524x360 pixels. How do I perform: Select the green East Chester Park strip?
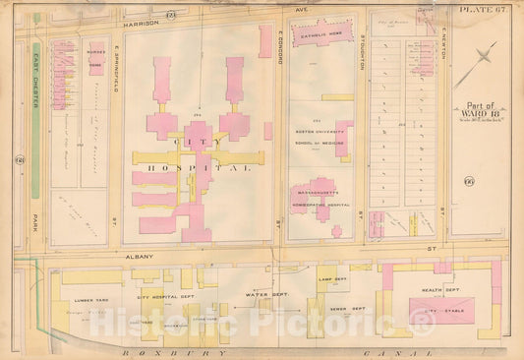tap(36, 119)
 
